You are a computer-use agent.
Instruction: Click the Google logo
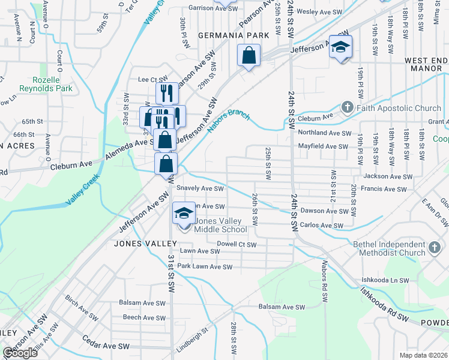(x=20, y=353)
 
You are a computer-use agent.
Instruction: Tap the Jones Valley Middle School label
(x=220, y=225)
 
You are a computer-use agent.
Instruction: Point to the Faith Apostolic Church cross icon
(x=347, y=108)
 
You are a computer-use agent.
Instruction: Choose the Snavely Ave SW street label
(x=200, y=188)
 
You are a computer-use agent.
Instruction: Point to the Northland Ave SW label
(x=325, y=133)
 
